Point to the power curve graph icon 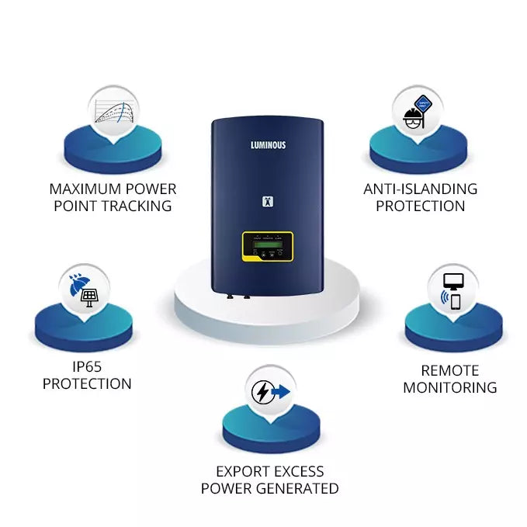pyautogui.click(x=113, y=109)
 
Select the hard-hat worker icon pyautogui.click(x=417, y=109)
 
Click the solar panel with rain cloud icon pyautogui.click(x=85, y=289)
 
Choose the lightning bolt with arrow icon pyautogui.click(x=269, y=392)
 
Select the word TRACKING pyautogui.click(x=137, y=206)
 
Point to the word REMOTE pyautogui.click(x=449, y=371)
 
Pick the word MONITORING pyautogui.click(x=449, y=388)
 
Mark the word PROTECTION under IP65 pyautogui.click(x=87, y=383)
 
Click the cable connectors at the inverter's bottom pyautogui.click(x=237, y=294)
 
